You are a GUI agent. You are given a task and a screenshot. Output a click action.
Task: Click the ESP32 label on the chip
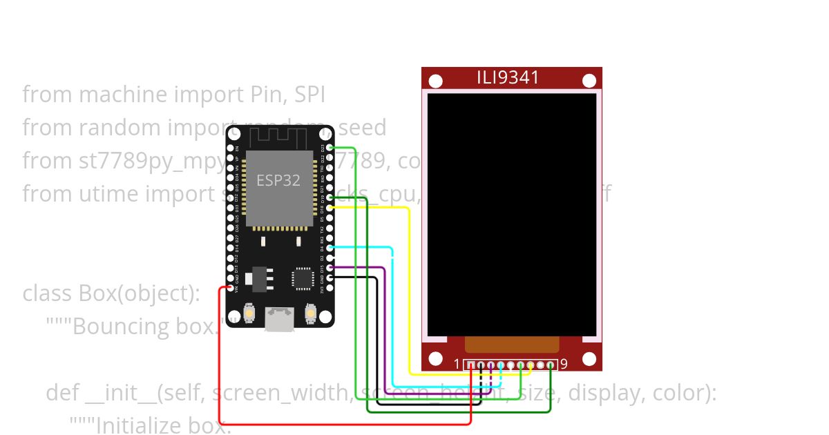click(278, 180)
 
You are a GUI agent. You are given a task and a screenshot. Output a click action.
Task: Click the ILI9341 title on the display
click(508, 77)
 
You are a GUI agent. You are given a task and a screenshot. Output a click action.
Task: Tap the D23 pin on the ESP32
click(330, 148)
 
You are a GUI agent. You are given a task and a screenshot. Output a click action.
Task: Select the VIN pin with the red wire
click(230, 287)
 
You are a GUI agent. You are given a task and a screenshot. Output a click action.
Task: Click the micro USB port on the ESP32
click(279, 319)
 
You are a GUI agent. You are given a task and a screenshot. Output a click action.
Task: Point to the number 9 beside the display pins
click(564, 364)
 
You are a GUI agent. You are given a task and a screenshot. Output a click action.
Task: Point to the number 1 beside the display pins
click(457, 364)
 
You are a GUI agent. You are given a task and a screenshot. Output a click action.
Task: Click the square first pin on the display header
click(471, 365)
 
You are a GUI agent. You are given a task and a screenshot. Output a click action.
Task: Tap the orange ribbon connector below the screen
click(512, 344)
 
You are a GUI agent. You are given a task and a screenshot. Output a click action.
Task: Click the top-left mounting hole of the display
click(435, 81)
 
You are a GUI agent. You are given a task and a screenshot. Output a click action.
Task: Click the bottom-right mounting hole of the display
click(589, 359)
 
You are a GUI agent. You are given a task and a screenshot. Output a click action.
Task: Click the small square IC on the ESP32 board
click(302, 278)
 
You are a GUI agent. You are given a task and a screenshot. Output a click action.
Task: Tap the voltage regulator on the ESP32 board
click(260, 278)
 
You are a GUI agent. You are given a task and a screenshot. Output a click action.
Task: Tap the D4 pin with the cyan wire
click(330, 247)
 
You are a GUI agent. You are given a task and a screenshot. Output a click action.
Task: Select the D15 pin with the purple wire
click(330, 267)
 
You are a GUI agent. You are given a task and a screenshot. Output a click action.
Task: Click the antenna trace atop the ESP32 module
click(279, 136)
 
